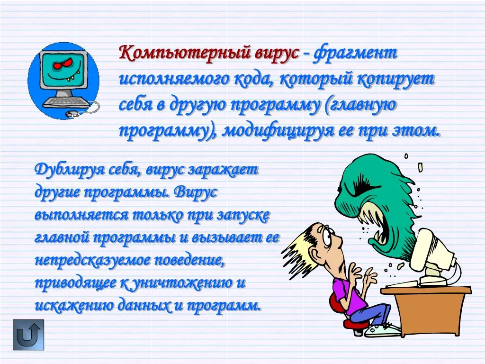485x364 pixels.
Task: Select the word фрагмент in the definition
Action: tap(355, 53)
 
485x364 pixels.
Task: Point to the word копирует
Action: tap(396, 80)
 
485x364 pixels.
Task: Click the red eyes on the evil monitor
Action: tap(63, 65)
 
